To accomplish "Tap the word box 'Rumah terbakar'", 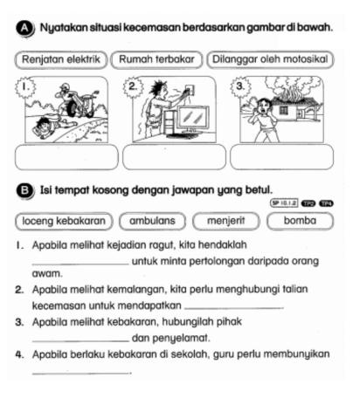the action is pos(154,58).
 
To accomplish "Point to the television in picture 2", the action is pos(186,116).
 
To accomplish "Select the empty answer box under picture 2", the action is pos(172,156).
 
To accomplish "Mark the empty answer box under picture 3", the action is pos(280,156).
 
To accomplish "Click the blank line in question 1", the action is pos(78,265).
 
